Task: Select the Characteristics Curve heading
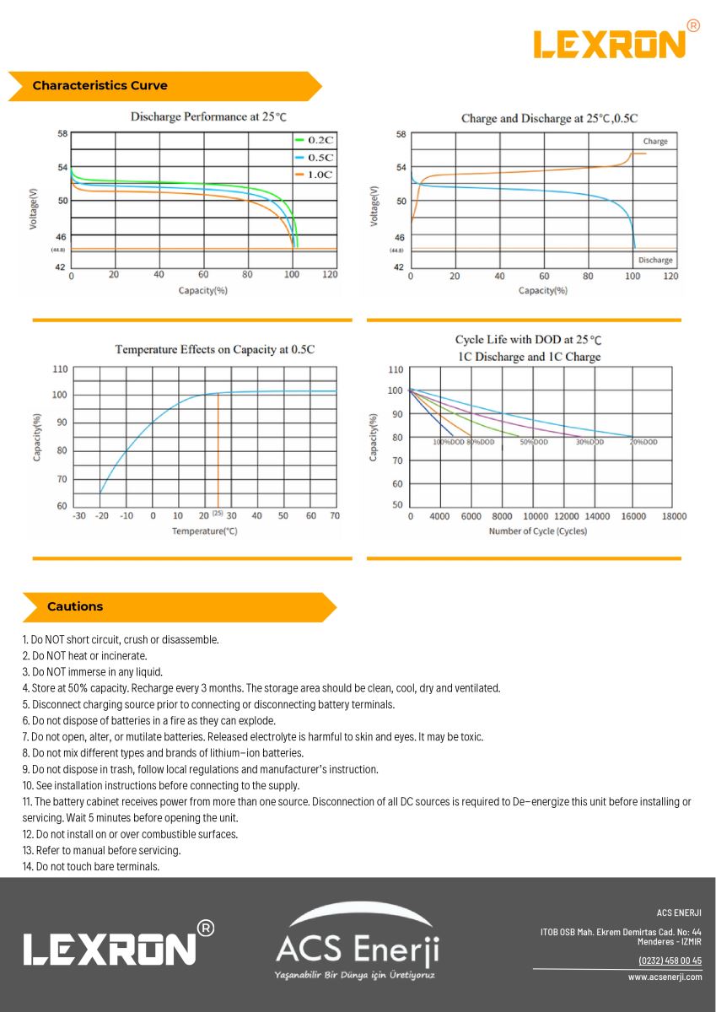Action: pyautogui.click(x=100, y=86)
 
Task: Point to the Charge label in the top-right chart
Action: pyautogui.click(x=654, y=142)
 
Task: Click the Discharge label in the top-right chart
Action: pyautogui.click(x=654, y=260)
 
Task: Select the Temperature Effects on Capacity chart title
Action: pyautogui.click(x=214, y=349)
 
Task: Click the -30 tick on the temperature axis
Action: pyautogui.click(x=78, y=516)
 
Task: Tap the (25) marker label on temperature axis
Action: pyautogui.click(x=218, y=514)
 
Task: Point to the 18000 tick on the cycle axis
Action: pyautogui.click(x=670, y=516)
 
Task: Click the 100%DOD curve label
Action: pyautogui.click(x=449, y=442)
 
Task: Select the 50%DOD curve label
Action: pyautogui.click(x=535, y=442)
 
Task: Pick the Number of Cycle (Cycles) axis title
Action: pyautogui.click(x=537, y=531)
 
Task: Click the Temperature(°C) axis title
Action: pyautogui.click(x=205, y=531)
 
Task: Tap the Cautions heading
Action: pyautogui.click(x=75, y=606)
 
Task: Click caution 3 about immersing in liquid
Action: pyautogui.click(x=93, y=672)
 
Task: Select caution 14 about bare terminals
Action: pyautogui.click(x=91, y=866)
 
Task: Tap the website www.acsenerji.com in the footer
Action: pyautogui.click(x=665, y=977)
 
